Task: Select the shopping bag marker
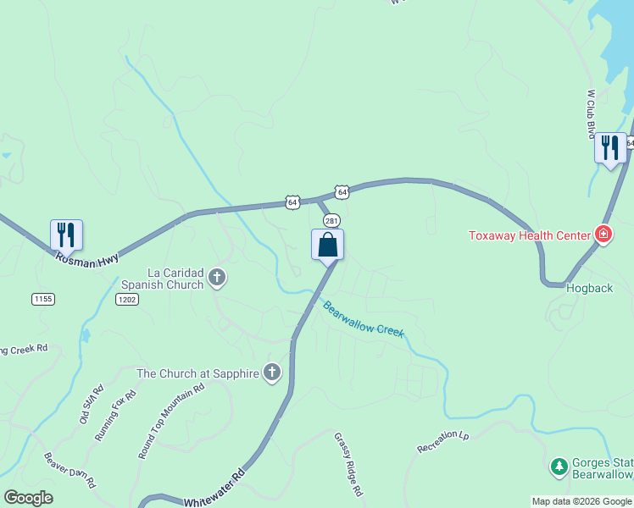click(x=328, y=246)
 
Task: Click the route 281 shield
click(x=331, y=220)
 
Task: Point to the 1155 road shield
click(x=43, y=299)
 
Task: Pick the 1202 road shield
click(x=127, y=299)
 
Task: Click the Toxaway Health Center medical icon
click(x=603, y=234)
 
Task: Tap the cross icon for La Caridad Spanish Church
click(x=217, y=277)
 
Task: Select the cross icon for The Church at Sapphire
click(x=272, y=372)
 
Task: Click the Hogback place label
click(x=589, y=288)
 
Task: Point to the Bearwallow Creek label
click(x=364, y=317)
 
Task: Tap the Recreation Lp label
click(x=442, y=441)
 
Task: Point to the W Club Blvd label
click(x=591, y=114)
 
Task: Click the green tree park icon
click(x=559, y=466)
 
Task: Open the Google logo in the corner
click(x=28, y=498)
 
